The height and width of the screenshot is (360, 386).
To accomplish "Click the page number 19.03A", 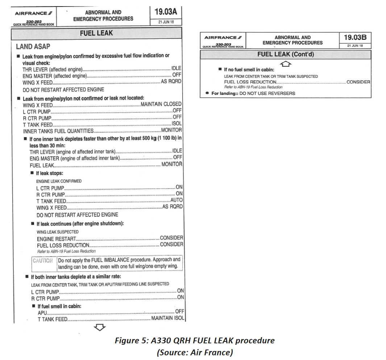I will click(x=166, y=12).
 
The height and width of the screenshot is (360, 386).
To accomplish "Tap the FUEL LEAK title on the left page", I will click(x=96, y=33).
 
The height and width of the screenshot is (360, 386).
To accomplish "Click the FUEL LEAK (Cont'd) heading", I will click(x=286, y=55).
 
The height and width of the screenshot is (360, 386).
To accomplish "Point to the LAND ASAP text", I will click(x=33, y=47).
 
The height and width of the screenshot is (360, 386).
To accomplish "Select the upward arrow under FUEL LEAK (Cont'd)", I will click(x=286, y=63).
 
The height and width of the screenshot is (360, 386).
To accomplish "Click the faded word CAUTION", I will click(x=43, y=260).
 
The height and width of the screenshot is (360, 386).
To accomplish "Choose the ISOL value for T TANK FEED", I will click(x=177, y=124).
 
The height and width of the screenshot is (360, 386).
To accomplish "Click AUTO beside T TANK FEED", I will click(x=177, y=200).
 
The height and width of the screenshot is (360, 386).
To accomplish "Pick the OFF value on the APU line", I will click(x=179, y=311).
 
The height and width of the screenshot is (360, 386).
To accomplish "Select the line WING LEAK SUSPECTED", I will click(x=58, y=232).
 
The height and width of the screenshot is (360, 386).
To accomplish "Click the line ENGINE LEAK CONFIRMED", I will click(x=59, y=181).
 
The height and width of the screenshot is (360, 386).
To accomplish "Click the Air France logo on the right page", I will click(x=223, y=38).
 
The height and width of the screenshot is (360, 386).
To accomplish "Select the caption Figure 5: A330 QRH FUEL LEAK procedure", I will click(x=195, y=341).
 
